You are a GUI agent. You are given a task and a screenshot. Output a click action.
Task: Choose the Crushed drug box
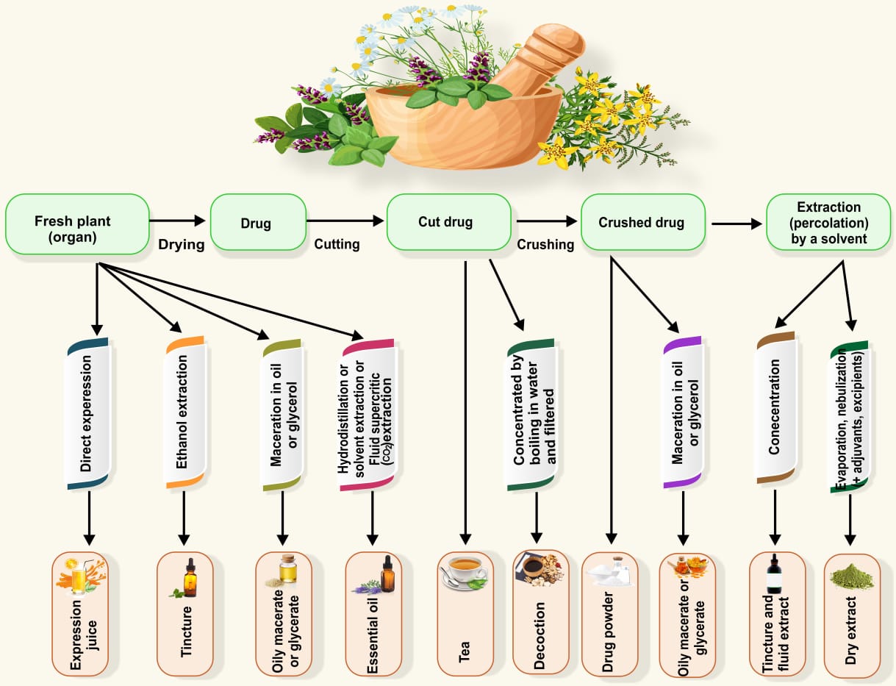tap(642, 221)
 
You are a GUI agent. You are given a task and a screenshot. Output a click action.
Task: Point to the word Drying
tap(181, 244)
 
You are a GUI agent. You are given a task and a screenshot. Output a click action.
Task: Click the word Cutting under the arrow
tap(337, 244)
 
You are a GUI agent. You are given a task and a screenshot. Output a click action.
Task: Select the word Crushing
tap(545, 244)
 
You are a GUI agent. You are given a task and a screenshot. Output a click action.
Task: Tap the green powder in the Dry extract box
tap(852, 576)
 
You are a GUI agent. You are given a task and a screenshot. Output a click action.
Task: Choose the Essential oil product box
tap(373, 614)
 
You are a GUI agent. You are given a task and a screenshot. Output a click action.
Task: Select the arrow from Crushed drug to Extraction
tap(736, 224)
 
